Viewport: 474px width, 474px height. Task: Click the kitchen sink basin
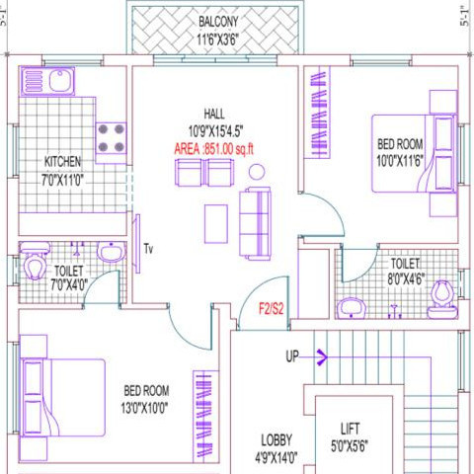(60, 81)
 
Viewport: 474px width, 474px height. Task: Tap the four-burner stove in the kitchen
(111, 138)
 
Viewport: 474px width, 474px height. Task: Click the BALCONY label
(218, 22)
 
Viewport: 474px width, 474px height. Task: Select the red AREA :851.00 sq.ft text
(214, 149)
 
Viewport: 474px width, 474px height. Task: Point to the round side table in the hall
(257, 172)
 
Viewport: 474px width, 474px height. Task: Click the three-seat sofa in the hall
(255, 223)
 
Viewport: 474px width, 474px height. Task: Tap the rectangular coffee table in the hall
(216, 224)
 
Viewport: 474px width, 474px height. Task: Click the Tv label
(148, 249)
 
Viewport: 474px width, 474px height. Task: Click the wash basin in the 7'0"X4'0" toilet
(112, 253)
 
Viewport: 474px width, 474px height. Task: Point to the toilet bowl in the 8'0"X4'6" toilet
(442, 300)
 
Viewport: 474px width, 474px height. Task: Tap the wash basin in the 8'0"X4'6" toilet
(352, 308)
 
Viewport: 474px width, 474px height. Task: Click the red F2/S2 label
(272, 309)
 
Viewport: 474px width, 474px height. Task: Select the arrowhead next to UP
(322, 356)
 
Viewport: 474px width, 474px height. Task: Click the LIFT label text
(350, 429)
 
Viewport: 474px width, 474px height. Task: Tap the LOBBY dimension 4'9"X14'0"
(276, 457)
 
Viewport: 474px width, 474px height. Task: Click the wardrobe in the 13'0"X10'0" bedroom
(205, 417)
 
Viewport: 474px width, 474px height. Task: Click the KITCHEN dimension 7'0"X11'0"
(62, 180)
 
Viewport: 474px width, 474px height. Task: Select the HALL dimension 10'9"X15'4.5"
(215, 131)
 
